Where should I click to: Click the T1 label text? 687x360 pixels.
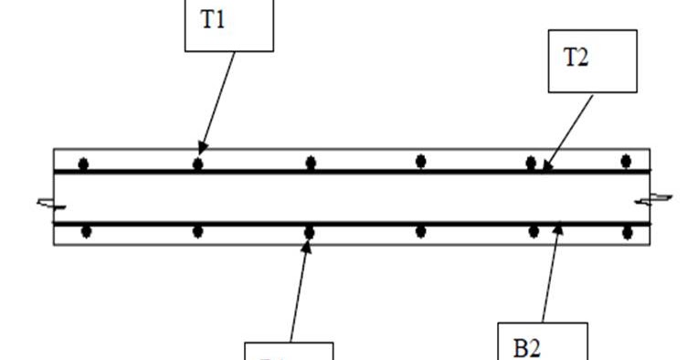click(x=212, y=21)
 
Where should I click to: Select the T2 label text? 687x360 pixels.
click(x=576, y=58)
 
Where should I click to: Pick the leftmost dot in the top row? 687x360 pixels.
click(x=83, y=164)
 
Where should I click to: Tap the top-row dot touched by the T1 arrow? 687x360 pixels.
click(x=197, y=164)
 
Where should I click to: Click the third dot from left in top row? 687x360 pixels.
click(x=311, y=163)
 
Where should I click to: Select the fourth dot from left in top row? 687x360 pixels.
click(x=421, y=162)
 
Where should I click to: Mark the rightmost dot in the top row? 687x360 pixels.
click(x=626, y=162)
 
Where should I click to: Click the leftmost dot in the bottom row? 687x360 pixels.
click(x=86, y=231)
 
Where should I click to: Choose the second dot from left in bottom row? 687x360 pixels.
click(x=197, y=231)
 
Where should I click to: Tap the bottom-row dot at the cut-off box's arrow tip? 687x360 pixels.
click(x=309, y=232)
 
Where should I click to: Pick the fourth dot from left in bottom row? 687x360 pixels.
click(x=421, y=231)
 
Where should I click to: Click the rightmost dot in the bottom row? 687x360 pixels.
click(x=628, y=232)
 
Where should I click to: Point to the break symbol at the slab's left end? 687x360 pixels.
click(x=46, y=203)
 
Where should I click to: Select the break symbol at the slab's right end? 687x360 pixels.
click(x=656, y=198)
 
